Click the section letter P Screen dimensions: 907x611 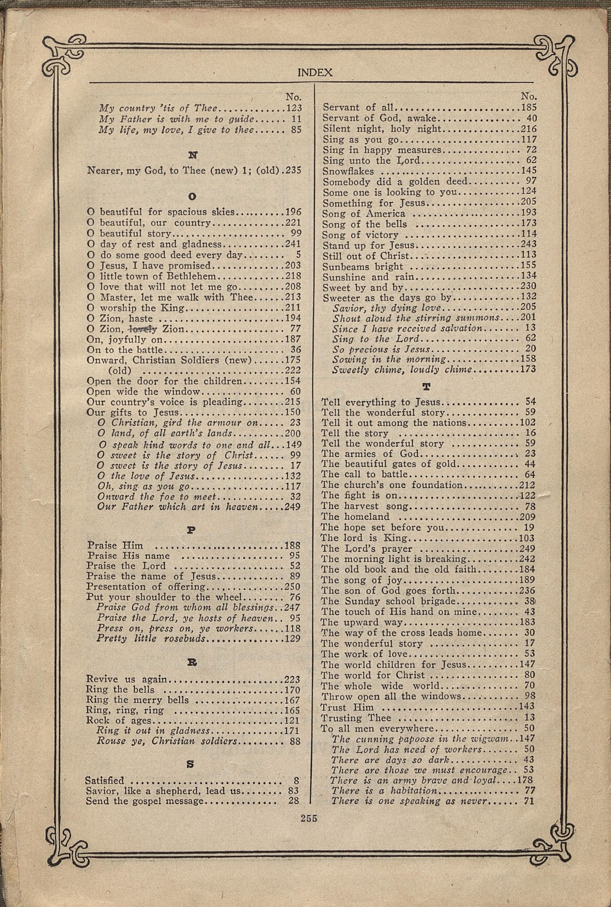(x=191, y=530)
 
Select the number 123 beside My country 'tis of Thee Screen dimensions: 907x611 (x=294, y=108)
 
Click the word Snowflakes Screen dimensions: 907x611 (x=348, y=171)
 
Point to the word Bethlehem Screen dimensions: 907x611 (x=191, y=276)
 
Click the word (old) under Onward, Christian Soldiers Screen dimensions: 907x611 (x=120, y=370)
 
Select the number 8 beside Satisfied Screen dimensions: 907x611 (x=296, y=780)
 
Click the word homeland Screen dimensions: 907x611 (x=366, y=517)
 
